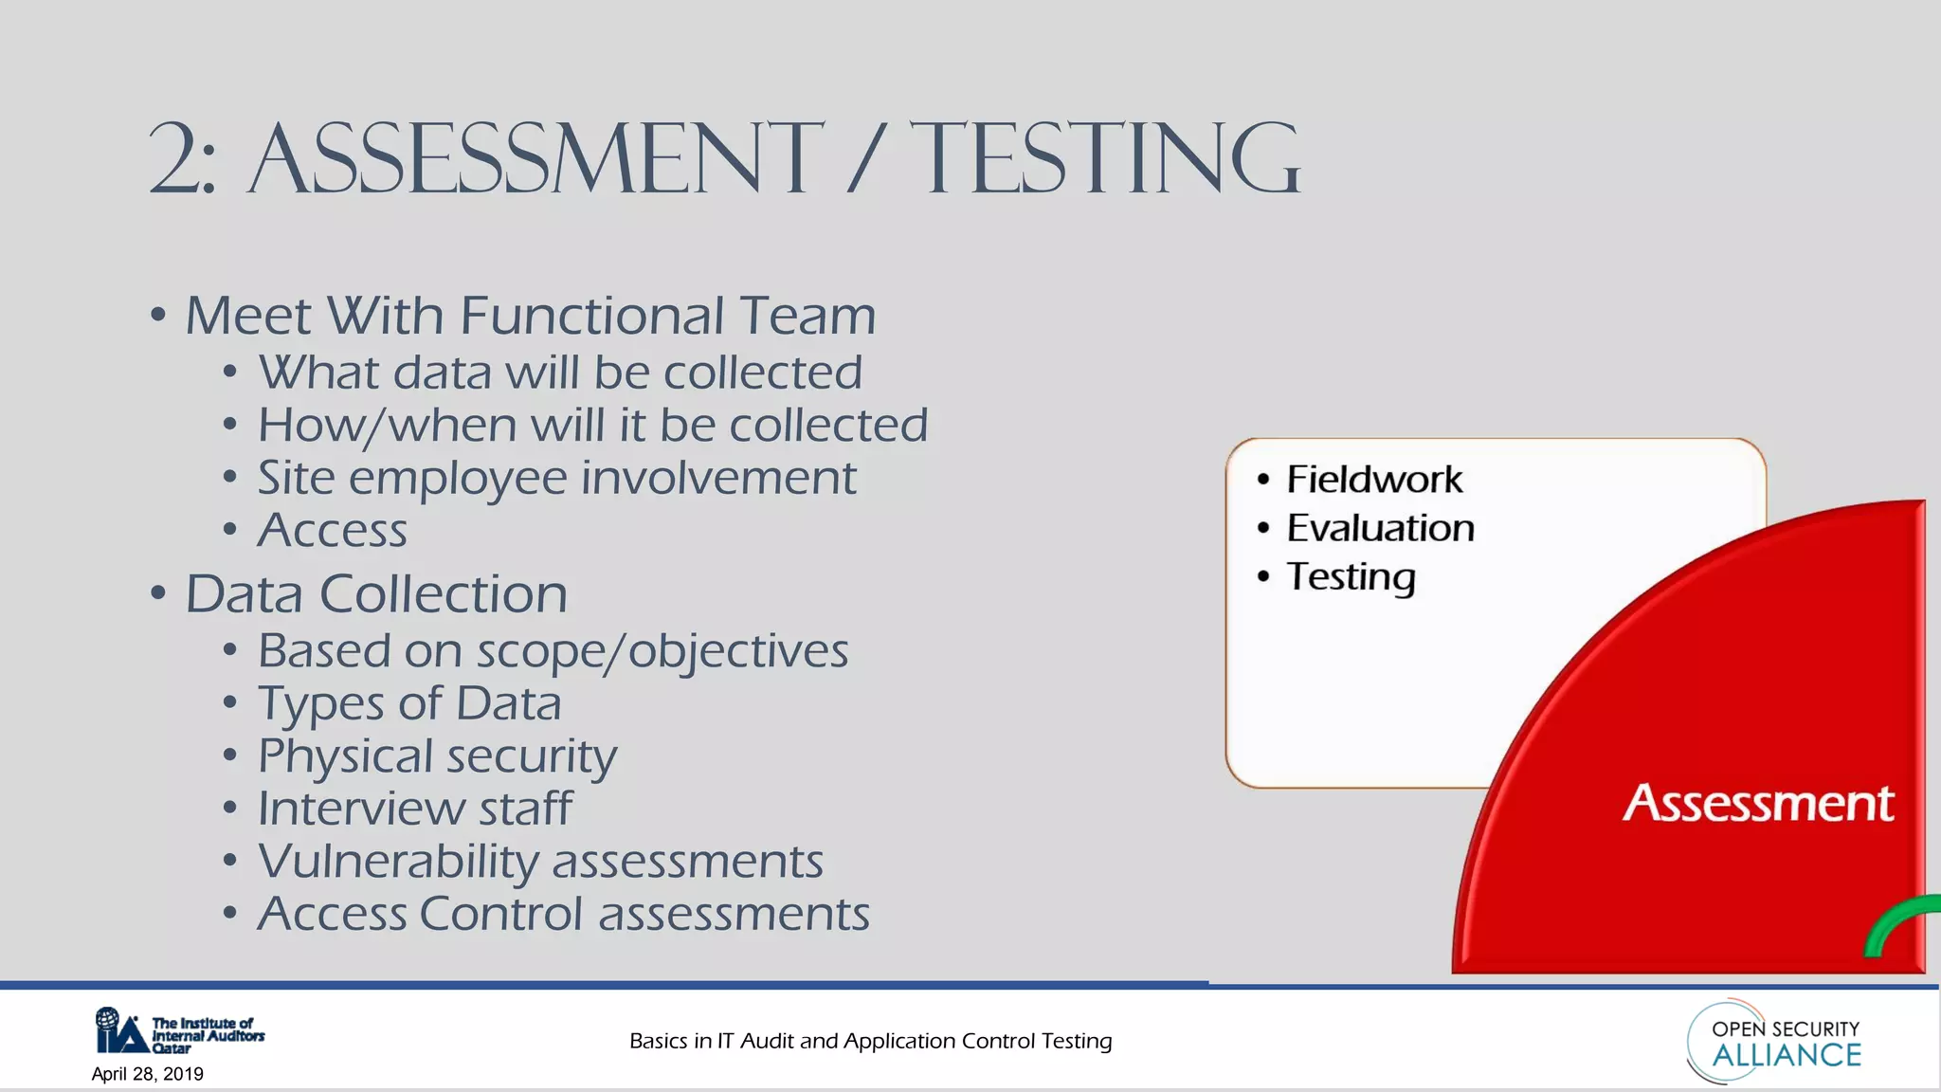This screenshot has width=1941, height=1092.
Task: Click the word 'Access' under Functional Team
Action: tap(333, 530)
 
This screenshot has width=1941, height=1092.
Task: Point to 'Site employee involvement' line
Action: tap(556, 478)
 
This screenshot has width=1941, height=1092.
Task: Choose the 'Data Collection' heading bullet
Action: tap(375, 594)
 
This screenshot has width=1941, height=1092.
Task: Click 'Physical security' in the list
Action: tap(437, 756)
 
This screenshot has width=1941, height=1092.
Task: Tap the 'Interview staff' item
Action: tap(414, 809)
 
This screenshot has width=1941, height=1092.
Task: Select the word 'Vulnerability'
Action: tap(398, 862)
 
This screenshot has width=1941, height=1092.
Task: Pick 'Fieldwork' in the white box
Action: tap(1373, 480)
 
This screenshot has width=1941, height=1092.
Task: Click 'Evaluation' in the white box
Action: tap(1380, 528)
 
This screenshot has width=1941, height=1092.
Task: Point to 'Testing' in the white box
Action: tap(1351, 577)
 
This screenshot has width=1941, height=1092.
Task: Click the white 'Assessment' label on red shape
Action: tap(1758, 804)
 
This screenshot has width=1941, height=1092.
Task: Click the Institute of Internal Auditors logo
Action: tap(179, 1031)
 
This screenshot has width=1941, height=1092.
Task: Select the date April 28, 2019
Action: tap(148, 1074)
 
